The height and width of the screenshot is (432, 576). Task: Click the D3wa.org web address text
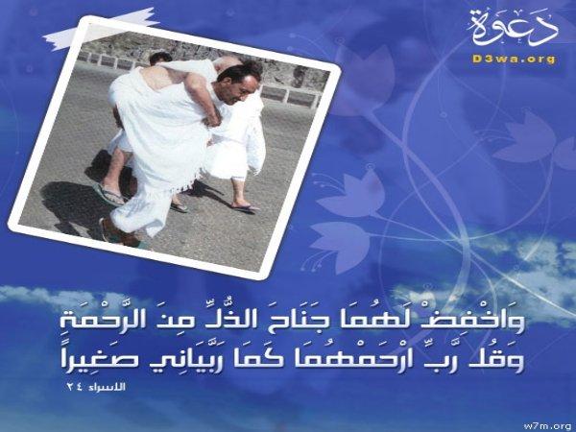(514, 59)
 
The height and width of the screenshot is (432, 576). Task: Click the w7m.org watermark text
(549, 426)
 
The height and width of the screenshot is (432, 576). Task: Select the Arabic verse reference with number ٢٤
(96, 387)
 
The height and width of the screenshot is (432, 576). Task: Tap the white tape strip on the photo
(102, 29)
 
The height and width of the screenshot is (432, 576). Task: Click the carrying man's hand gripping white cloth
(214, 116)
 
